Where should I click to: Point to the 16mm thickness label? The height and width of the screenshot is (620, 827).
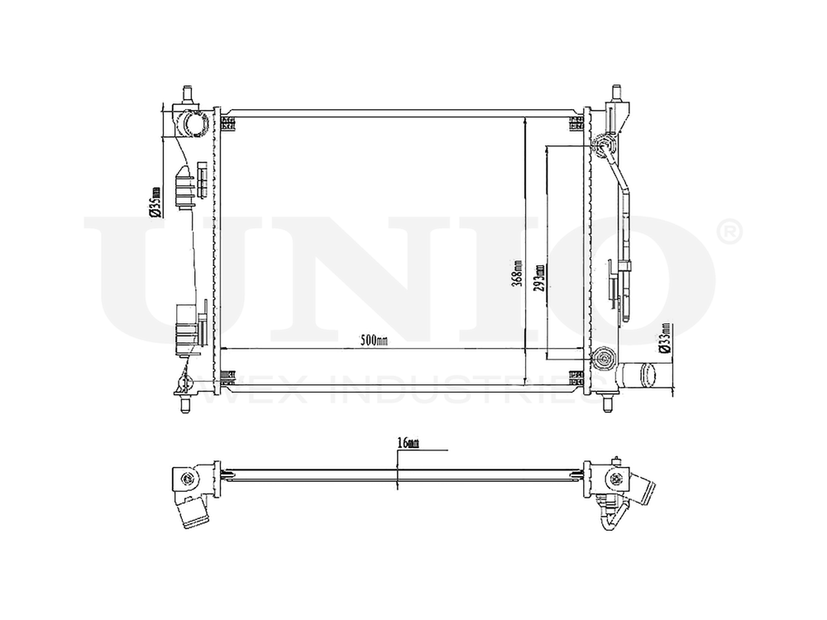409,443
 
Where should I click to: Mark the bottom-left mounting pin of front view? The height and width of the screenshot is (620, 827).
184,404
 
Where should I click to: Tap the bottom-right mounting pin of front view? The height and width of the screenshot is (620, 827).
609,403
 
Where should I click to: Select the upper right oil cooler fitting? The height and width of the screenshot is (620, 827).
603,147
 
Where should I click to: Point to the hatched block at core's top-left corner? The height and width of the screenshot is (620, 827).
228,124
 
